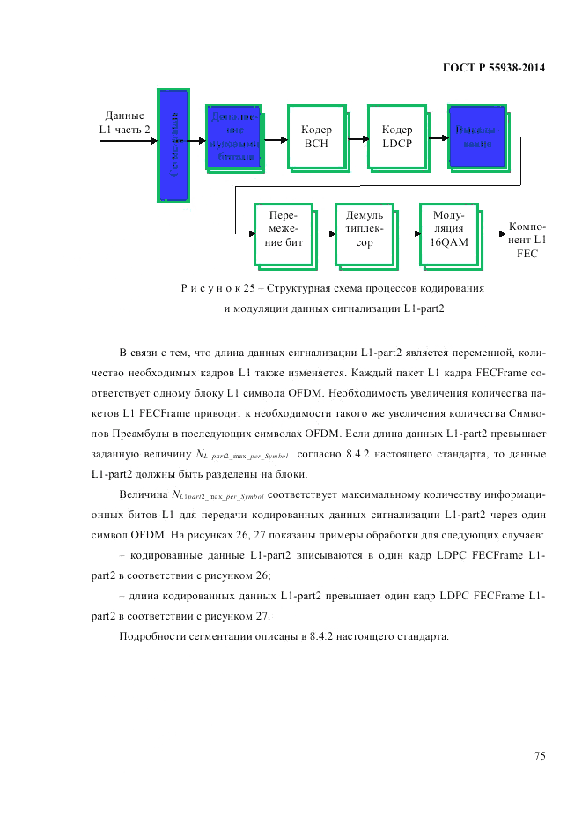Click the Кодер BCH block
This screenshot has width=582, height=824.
315,137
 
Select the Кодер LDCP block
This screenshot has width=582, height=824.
396,137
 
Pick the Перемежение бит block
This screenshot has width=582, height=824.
284,234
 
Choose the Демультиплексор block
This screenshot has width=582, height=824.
364,234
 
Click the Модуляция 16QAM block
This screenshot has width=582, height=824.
448,234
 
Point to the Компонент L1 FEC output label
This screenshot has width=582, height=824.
527,240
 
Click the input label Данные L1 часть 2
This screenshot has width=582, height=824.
124,122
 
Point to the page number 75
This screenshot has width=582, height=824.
539,755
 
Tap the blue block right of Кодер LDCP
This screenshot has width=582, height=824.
476,137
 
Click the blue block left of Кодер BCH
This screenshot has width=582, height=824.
234,137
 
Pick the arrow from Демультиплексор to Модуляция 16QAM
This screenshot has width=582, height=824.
406,234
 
